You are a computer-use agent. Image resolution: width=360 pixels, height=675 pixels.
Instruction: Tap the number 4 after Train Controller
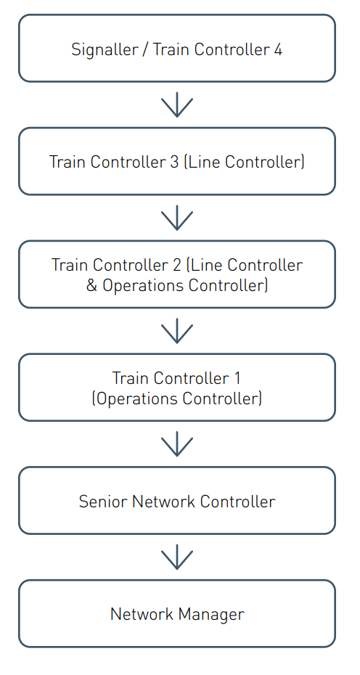[278, 49]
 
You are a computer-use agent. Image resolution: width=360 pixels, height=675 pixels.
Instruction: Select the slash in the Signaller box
[144, 50]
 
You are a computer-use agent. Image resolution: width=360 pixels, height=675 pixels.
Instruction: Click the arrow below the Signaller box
[177, 105]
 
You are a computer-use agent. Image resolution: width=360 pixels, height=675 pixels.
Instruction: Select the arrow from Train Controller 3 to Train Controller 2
[177, 218]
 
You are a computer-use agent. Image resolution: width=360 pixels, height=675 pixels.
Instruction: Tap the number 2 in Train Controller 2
[177, 265]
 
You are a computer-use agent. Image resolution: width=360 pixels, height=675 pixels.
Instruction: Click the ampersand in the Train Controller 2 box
[91, 285]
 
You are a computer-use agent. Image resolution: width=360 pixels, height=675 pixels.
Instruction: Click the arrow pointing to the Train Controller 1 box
[177, 331]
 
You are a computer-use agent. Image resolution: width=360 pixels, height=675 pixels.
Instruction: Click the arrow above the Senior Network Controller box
[177, 443]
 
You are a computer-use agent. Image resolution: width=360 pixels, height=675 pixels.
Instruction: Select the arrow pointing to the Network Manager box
[177, 557]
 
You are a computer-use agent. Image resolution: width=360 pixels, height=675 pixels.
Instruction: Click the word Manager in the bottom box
[211, 615]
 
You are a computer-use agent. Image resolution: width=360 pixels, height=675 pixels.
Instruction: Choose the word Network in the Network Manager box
[142, 614]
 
